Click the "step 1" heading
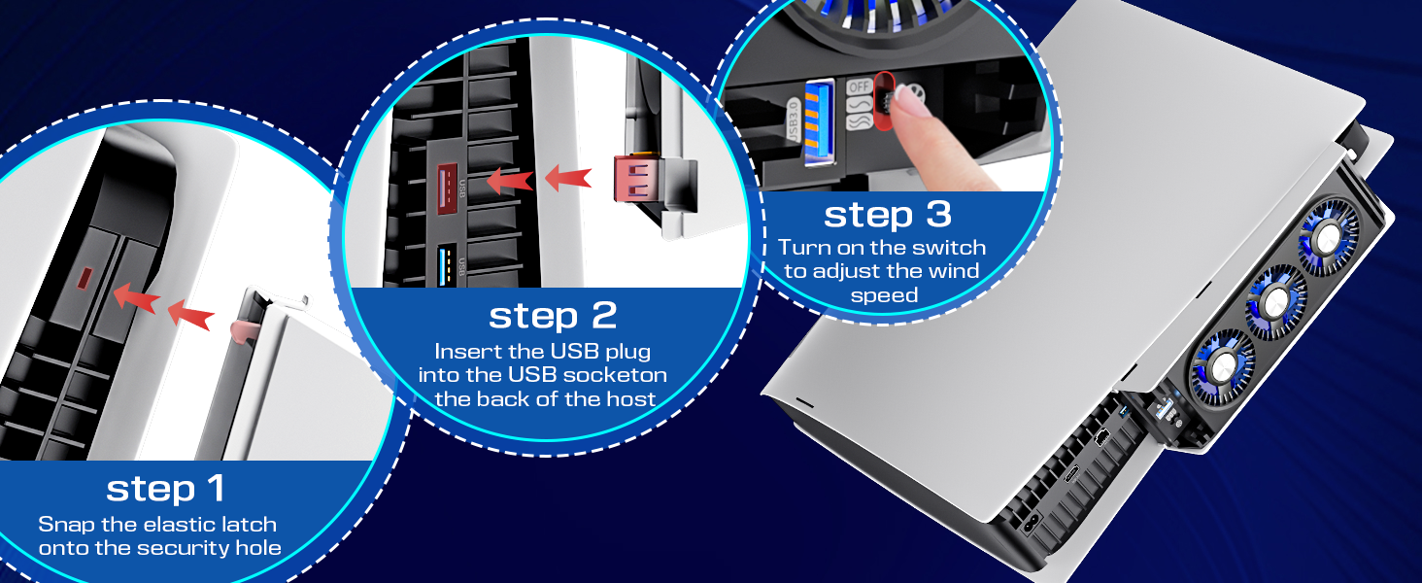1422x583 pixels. coord(166,489)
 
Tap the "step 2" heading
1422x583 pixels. coord(553,316)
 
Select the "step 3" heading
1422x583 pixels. coord(888,215)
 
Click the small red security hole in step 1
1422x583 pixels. coord(85,278)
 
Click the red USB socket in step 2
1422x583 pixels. coord(448,189)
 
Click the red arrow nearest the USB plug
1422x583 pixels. coord(568,177)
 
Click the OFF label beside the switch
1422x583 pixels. coord(859,86)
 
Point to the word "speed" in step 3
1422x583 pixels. coord(884,295)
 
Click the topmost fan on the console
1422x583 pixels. coord(1328,239)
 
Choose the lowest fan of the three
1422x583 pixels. coord(1223,366)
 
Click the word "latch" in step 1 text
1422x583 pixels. coord(245,525)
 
